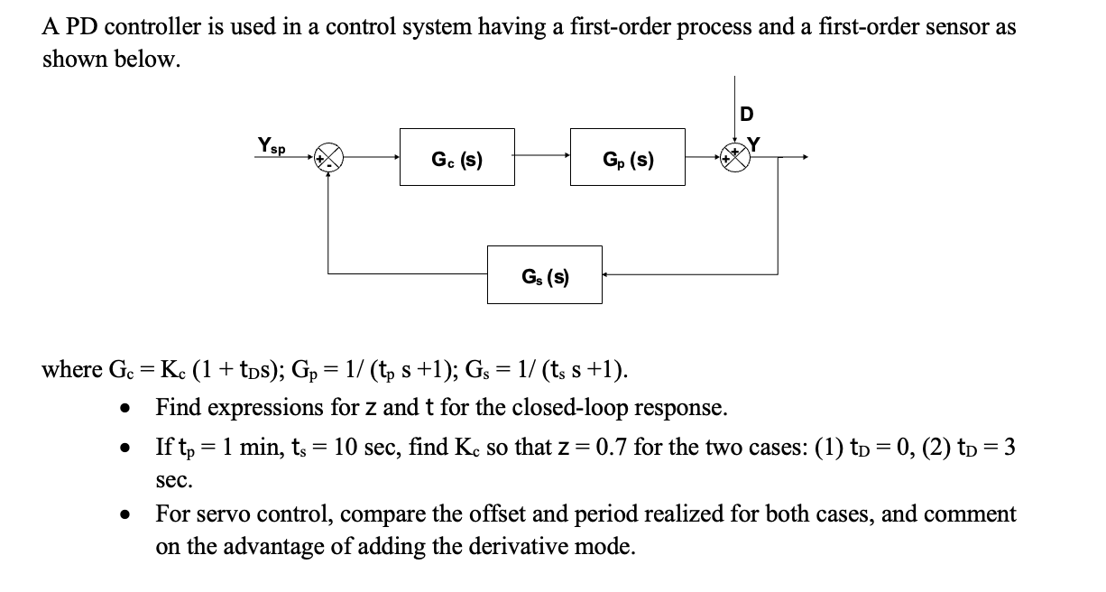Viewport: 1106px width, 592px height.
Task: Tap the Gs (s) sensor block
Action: pos(545,274)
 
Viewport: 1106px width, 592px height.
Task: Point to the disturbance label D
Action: pos(745,114)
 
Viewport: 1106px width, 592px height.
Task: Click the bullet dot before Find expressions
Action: pos(127,409)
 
